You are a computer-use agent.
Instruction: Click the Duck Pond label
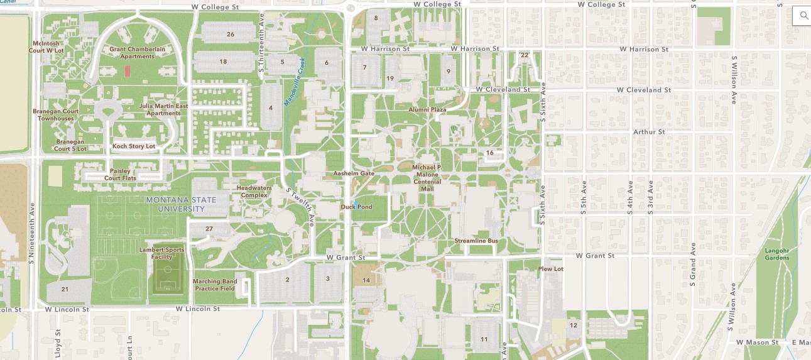[356, 207]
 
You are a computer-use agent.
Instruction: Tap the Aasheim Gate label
[354, 173]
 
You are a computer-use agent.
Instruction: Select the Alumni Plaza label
[427, 109]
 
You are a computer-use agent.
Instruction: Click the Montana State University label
[181, 204]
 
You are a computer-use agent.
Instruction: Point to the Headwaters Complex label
[252, 191]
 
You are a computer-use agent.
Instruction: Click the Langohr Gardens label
[776, 254]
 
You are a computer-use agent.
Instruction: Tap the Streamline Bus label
[476, 241]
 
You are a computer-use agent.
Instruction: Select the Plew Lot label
[551, 268]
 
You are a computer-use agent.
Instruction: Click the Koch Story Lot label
[133, 146]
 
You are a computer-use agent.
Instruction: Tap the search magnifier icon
[803, 16]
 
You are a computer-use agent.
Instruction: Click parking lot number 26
[231, 34]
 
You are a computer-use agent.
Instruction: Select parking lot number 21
[65, 289]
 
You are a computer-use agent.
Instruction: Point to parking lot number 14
[366, 280]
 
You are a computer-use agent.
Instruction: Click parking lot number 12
[573, 325]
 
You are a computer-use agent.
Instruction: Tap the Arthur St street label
[649, 132]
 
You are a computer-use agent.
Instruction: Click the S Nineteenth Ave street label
[31, 233]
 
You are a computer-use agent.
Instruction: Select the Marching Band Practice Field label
[215, 285]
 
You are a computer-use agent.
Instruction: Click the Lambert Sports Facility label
[162, 253]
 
